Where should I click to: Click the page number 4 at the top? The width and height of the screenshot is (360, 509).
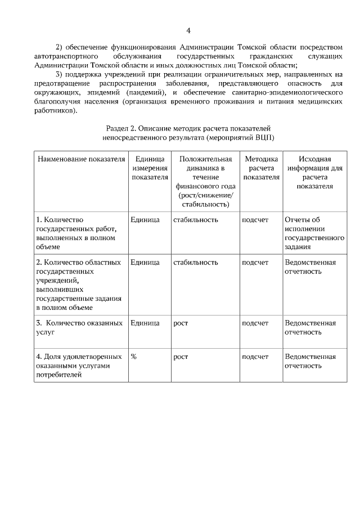188,30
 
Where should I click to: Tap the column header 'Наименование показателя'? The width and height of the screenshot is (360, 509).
81,159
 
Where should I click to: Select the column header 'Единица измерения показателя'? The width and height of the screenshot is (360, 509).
150,168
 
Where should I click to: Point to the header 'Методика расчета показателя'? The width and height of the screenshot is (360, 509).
261,168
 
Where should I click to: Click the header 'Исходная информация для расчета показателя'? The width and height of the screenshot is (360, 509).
314,172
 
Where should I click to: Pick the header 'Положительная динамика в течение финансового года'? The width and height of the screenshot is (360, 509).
205,181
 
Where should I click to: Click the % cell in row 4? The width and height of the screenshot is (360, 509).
134,357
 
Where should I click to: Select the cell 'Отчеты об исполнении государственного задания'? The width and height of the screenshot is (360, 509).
314,233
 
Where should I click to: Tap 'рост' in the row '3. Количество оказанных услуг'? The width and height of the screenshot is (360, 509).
181,323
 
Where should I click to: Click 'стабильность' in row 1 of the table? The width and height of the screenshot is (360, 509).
196,219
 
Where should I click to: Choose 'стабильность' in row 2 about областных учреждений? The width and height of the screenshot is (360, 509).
196,262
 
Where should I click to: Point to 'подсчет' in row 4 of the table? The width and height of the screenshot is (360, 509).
255,357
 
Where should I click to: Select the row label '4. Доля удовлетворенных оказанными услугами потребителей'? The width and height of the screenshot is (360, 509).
79,366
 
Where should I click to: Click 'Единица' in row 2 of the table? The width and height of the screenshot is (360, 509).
145,262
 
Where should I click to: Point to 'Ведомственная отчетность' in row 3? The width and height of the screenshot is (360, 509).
310,327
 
